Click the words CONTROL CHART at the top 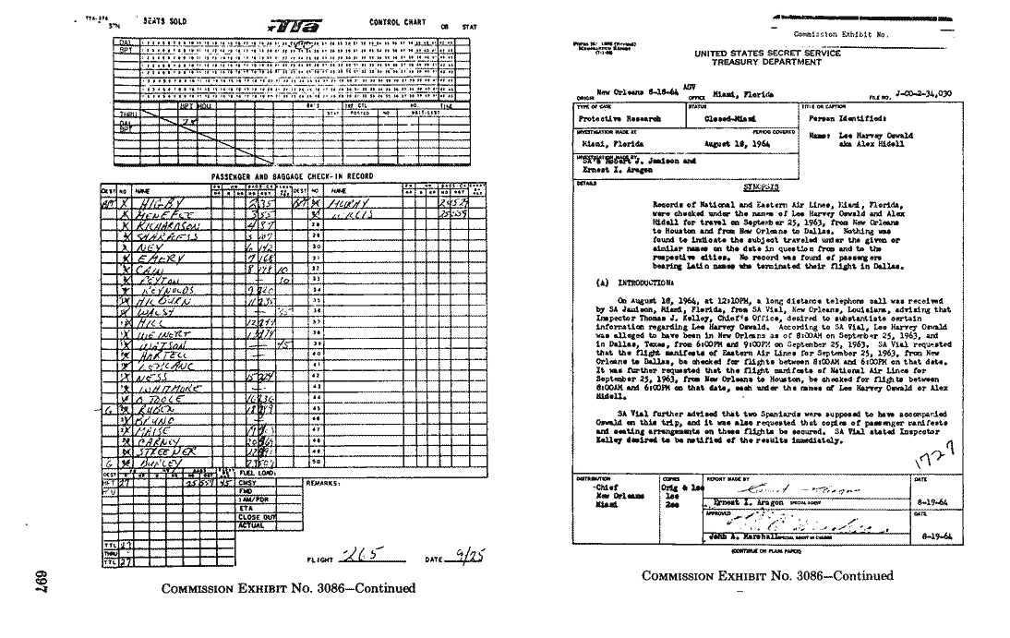tap(396, 21)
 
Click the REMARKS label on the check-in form tap(324, 482)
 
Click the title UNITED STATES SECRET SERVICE tap(767, 54)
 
